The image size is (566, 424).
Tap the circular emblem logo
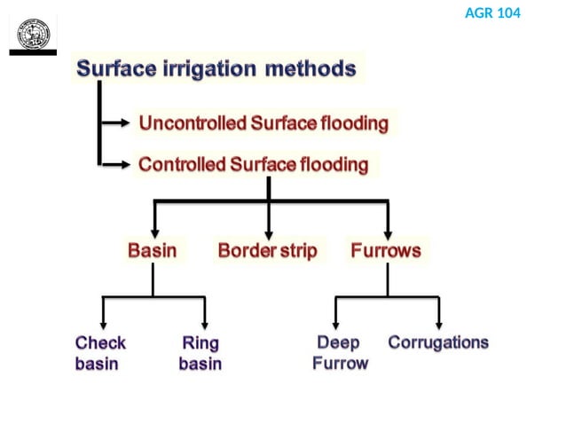34,34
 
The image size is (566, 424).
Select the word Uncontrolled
192,124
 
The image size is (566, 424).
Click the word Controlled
182,165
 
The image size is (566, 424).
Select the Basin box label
152,251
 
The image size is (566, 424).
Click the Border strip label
267,251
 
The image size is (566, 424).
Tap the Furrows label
386,251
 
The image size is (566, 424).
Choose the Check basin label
100,353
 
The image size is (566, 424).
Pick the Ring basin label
200,353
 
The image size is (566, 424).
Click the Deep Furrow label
339,353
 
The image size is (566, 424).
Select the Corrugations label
438,343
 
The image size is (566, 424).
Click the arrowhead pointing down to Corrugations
439,325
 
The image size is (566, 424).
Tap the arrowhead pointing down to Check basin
104,325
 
